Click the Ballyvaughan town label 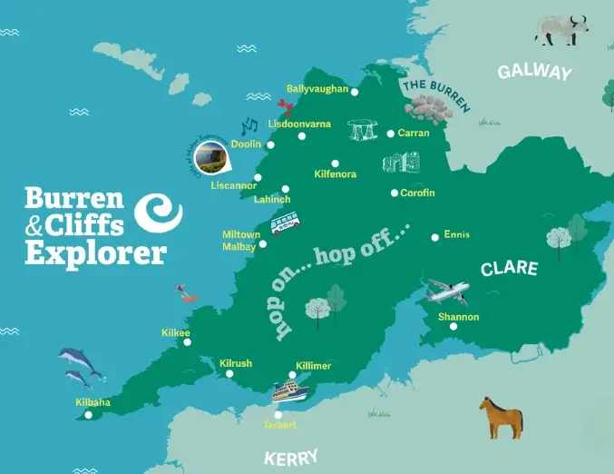coord(317,89)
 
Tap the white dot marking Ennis coord(435,235)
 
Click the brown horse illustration coord(502,416)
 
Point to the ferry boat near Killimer coord(297,391)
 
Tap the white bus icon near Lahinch coord(285,222)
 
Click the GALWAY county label coord(534,73)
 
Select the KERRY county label coord(291,456)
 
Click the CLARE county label coord(509,269)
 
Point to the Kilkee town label coord(175,333)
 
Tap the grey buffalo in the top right coord(560,29)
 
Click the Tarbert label coord(279,425)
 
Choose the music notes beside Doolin coord(249,125)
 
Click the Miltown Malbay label coord(241,241)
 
